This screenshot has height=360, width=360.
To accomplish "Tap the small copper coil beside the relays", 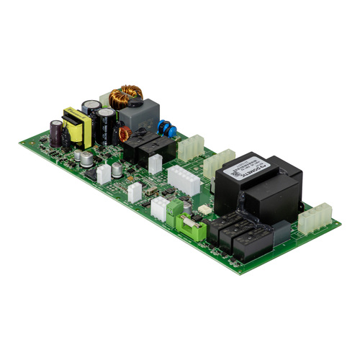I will click(124, 133).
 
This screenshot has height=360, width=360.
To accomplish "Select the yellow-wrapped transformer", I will click(74, 127).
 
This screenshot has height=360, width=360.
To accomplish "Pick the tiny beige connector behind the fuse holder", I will click(204, 210).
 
